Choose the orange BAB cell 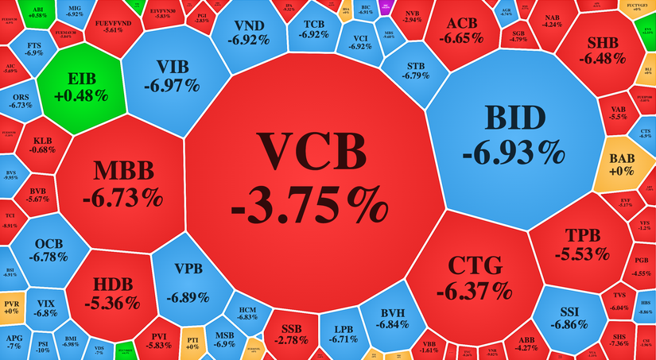(x=621, y=163)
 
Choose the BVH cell (x=394, y=318)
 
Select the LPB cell (x=343, y=333)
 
